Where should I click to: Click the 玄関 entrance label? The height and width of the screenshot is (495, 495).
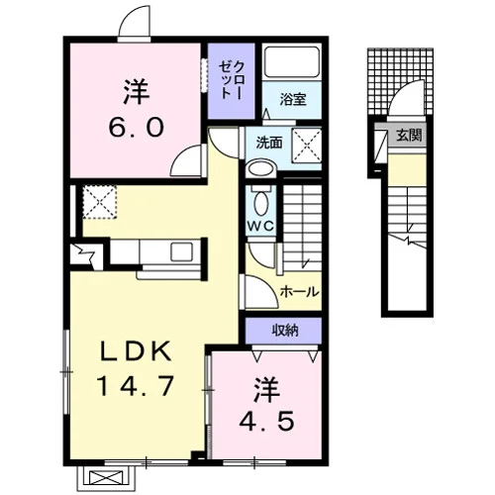(x=409, y=135)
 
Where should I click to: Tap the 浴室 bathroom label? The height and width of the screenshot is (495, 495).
(x=293, y=99)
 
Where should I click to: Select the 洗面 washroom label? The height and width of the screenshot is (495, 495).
(x=269, y=143)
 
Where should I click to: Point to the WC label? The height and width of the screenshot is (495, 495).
(x=260, y=226)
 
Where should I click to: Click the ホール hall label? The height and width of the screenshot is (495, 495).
(x=300, y=292)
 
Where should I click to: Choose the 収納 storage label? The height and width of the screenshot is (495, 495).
(x=285, y=330)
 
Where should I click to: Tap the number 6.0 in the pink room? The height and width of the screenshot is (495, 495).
(x=137, y=128)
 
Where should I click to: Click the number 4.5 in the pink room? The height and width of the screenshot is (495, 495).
(x=266, y=421)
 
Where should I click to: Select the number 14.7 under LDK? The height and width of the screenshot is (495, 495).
(x=136, y=386)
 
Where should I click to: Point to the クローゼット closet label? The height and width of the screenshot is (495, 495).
(x=231, y=80)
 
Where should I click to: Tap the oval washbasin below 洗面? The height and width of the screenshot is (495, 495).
(x=261, y=169)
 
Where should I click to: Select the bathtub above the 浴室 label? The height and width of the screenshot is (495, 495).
(x=292, y=62)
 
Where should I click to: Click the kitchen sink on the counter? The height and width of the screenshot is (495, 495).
(x=181, y=251)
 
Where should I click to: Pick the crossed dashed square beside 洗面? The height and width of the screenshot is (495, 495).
(x=307, y=146)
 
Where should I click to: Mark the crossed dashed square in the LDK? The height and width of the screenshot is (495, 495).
(x=100, y=202)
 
